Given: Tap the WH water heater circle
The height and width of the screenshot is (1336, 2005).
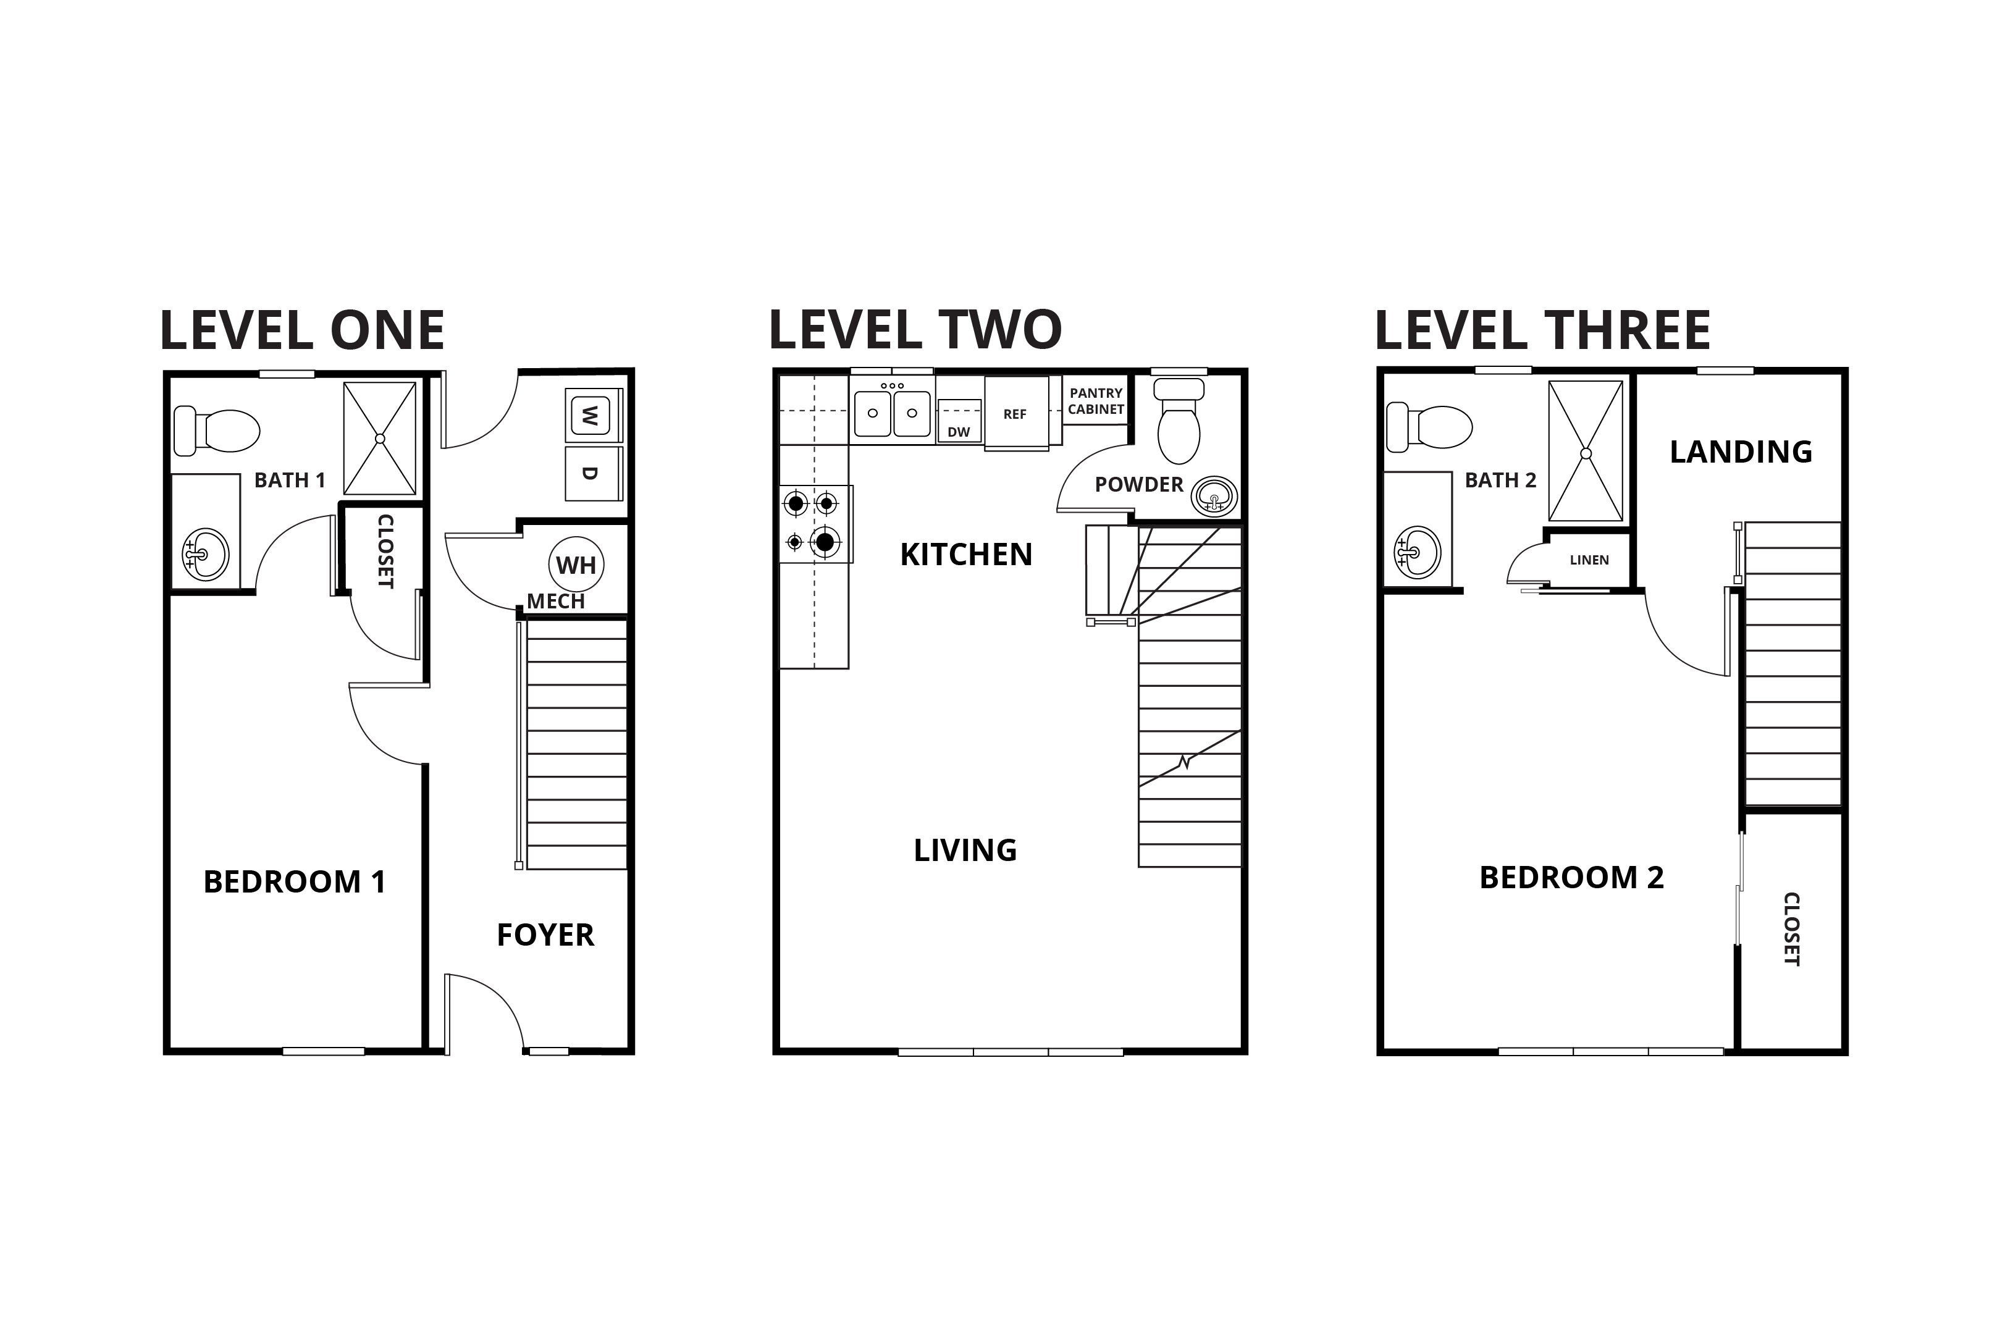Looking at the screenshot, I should [576, 565].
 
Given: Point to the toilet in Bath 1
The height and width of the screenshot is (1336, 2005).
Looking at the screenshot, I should [217, 431].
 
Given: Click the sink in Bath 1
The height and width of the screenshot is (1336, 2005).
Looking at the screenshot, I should [204, 554].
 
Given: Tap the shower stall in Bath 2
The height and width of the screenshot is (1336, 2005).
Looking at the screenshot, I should [1585, 451].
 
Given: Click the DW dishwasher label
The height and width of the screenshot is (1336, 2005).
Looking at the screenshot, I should [959, 432].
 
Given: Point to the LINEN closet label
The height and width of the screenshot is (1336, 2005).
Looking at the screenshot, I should [1588, 560].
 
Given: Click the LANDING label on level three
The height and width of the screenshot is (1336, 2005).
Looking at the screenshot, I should [1740, 452].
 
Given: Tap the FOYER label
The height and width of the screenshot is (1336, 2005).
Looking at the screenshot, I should [545, 935].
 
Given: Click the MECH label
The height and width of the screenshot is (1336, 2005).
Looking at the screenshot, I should [555, 601].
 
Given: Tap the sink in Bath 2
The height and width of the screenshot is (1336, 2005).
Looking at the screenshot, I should [1416, 552].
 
